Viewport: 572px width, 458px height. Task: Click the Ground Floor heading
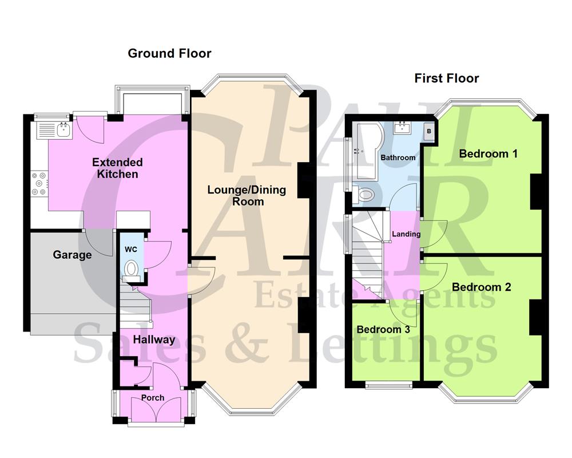[169, 54]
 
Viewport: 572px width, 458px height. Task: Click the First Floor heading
[447, 78]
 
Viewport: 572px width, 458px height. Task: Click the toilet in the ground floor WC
[131, 268]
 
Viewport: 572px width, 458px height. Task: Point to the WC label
[132, 250]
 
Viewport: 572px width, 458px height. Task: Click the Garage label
[73, 255]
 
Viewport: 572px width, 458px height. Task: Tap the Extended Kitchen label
[117, 168]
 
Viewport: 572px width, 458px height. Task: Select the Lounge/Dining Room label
[247, 196]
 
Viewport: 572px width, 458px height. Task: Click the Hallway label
[154, 339]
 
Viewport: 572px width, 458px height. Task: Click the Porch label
[153, 397]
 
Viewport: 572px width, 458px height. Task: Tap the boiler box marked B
[428, 131]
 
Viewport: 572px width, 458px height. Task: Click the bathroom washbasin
[404, 127]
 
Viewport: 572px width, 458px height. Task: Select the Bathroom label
[398, 157]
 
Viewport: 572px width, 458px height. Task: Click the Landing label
[406, 234]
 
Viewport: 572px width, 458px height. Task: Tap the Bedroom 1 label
[488, 153]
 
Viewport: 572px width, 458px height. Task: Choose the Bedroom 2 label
[481, 287]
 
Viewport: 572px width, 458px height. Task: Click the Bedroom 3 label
[383, 330]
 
